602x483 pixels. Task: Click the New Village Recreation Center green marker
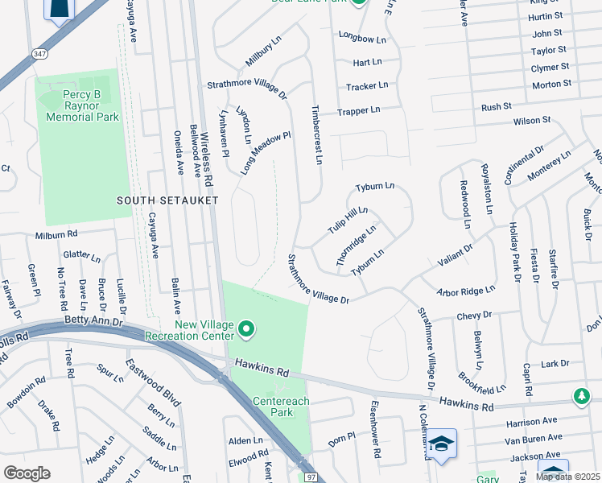tap(247, 329)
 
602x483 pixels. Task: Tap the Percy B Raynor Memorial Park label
tap(82, 106)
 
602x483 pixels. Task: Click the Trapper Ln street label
tap(358, 111)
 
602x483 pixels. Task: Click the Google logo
tap(27, 473)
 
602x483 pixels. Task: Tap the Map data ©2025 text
tap(567, 477)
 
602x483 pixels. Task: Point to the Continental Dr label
tap(525, 164)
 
